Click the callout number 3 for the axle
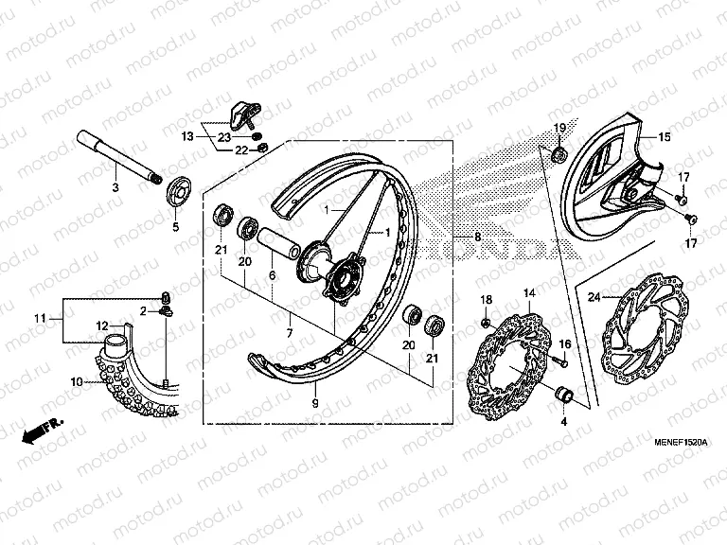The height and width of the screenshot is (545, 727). click(x=115, y=189)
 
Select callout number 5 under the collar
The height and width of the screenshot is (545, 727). click(x=175, y=227)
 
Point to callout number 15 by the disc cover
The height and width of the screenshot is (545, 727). click(x=665, y=137)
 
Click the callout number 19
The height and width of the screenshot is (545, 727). click(x=559, y=128)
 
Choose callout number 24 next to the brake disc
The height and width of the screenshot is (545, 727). click(x=594, y=296)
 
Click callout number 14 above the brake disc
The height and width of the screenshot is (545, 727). click(x=530, y=294)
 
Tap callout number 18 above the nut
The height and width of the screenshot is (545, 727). click(x=486, y=299)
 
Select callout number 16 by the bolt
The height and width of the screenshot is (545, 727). click(x=565, y=343)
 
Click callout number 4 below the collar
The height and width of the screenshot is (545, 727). click(x=564, y=422)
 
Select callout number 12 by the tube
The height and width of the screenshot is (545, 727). click(x=100, y=326)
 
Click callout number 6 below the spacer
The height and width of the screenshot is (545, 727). click(x=271, y=274)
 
